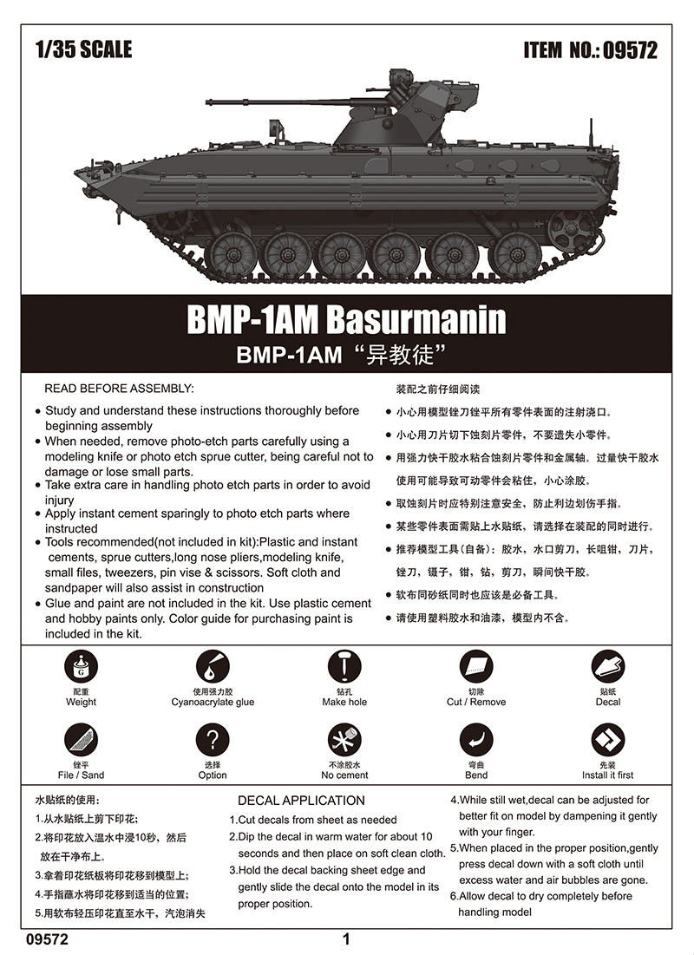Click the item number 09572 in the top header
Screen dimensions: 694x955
point(630,50)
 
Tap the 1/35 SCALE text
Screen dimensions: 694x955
point(83,49)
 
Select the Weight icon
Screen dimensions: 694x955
point(81,667)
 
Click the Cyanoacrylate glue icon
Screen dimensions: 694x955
point(213,667)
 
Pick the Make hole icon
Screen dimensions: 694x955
point(344,667)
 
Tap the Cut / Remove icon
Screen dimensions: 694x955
point(476,667)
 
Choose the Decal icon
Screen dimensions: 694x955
point(607,667)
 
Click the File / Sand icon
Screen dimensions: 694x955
point(81,740)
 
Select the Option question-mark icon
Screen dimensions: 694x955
point(213,740)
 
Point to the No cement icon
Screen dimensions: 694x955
point(344,740)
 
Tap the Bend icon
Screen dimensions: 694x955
point(476,740)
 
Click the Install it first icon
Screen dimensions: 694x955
point(607,740)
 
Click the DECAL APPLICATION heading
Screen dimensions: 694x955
point(301,801)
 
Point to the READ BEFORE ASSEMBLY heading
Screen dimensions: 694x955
point(120,389)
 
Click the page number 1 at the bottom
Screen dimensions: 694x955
point(346,939)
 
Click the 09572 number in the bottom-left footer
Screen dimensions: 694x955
point(48,939)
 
